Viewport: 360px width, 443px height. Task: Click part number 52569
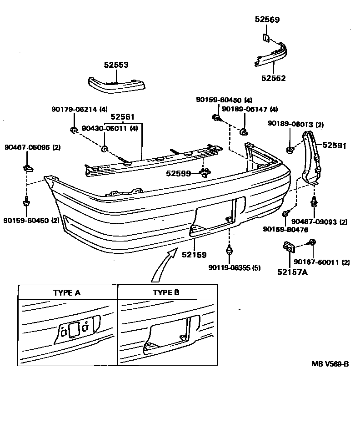[267, 20]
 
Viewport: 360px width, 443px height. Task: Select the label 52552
[273, 78]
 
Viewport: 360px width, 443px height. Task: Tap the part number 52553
[116, 65]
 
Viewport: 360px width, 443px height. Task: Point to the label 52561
[122, 116]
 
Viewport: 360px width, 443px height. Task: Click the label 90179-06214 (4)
[79, 109]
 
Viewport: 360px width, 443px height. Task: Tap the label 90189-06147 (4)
[250, 109]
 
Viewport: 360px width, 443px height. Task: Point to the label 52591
[335, 146]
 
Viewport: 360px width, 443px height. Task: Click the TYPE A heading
[67, 292]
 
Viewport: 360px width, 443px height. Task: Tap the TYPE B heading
[166, 292]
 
